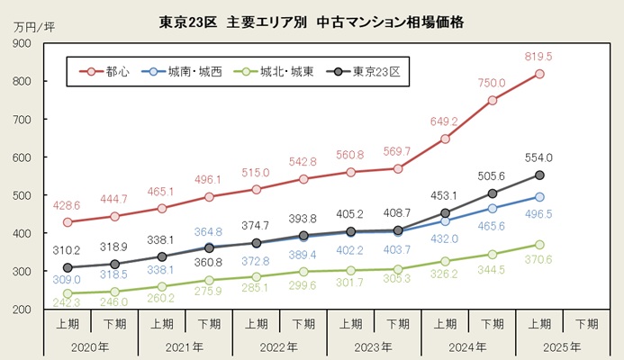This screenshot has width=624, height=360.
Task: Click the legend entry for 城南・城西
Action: pyautogui.click(x=185, y=71)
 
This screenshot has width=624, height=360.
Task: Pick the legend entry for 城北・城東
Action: pyautogui.click(x=273, y=71)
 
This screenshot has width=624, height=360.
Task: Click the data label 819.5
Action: pyautogui.click(x=538, y=56)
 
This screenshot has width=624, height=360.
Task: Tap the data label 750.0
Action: pyautogui.click(x=492, y=82)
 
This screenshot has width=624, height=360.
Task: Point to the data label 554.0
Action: pyautogui.click(x=538, y=157)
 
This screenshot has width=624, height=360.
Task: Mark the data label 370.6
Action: pyautogui.click(x=538, y=260)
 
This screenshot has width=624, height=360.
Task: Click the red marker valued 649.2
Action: pyautogui.click(x=445, y=139)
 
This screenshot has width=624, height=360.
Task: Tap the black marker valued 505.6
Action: pyautogui.click(x=493, y=193)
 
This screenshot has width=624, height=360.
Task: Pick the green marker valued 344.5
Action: pyautogui.click(x=493, y=255)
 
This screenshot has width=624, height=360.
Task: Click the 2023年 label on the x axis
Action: pyautogui.click(x=374, y=346)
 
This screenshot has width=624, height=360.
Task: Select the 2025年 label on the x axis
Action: pyautogui.click(x=563, y=346)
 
